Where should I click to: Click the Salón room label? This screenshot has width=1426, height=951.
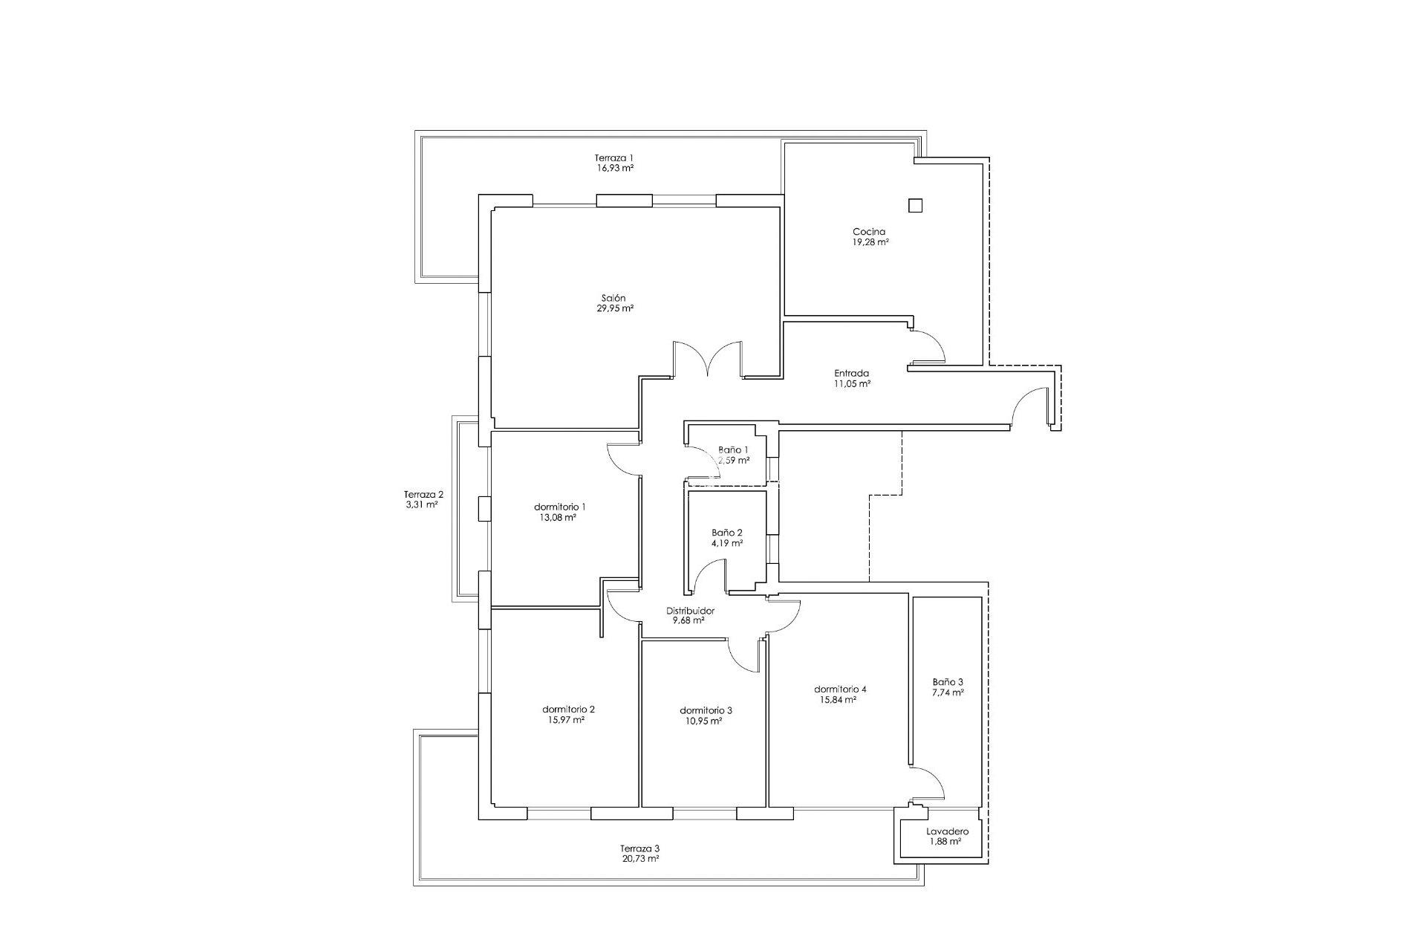pyautogui.click(x=613, y=298)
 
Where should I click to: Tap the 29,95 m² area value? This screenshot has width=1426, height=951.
pyautogui.click(x=614, y=308)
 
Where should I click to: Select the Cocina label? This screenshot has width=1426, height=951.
pyautogui.click(x=869, y=232)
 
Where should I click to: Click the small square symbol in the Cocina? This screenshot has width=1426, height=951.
pyautogui.click(x=916, y=206)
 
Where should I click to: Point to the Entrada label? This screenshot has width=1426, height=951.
pyautogui.click(x=852, y=374)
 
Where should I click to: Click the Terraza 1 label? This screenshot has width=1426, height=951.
pyautogui.click(x=613, y=158)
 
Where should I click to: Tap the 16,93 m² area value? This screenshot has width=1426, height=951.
pyautogui.click(x=613, y=168)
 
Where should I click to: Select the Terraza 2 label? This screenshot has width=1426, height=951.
pyautogui.click(x=423, y=494)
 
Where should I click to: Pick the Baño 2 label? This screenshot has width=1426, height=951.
pyautogui.click(x=727, y=533)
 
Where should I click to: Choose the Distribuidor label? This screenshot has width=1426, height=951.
pyautogui.click(x=690, y=611)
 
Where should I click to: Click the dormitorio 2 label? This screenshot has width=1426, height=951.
pyautogui.click(x=568, y=709)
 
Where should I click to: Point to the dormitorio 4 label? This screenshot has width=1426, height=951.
pyautogui.click(x=840, y=689)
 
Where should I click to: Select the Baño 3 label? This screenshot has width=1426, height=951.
pyautogui.click(x=948, y=682)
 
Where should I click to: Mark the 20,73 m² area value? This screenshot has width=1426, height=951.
pyautogui.click(x=639, y=859)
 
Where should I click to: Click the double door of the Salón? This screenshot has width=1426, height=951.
pyautogui.click(x=708, y=360)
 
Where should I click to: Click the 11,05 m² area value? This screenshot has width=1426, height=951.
pyautogui.click(x=852, y=384)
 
